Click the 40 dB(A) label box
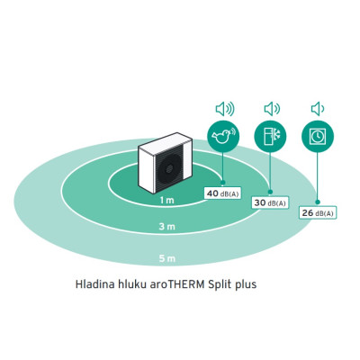[x=222, y=193]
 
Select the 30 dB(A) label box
[x=270, y=202]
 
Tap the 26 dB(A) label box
[x=318, y=212]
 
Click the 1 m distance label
[x=166, y=200]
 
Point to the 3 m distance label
[x=166, y=227]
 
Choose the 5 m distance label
[x=166, y=258]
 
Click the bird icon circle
[x=224, y=137]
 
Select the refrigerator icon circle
[x=270, y=137]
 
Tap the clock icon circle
[x=318, y=137]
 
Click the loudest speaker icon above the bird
[x=225, y=109]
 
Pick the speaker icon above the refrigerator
[x=272, y=109]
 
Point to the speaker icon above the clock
[x=318, y=109]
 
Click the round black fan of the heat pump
[x=168, y=169]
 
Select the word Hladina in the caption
[x=95, y=284]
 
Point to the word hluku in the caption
[x=132, y=284]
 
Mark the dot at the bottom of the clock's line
[x=318, y=202]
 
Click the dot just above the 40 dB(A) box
[x=222, y=183]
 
